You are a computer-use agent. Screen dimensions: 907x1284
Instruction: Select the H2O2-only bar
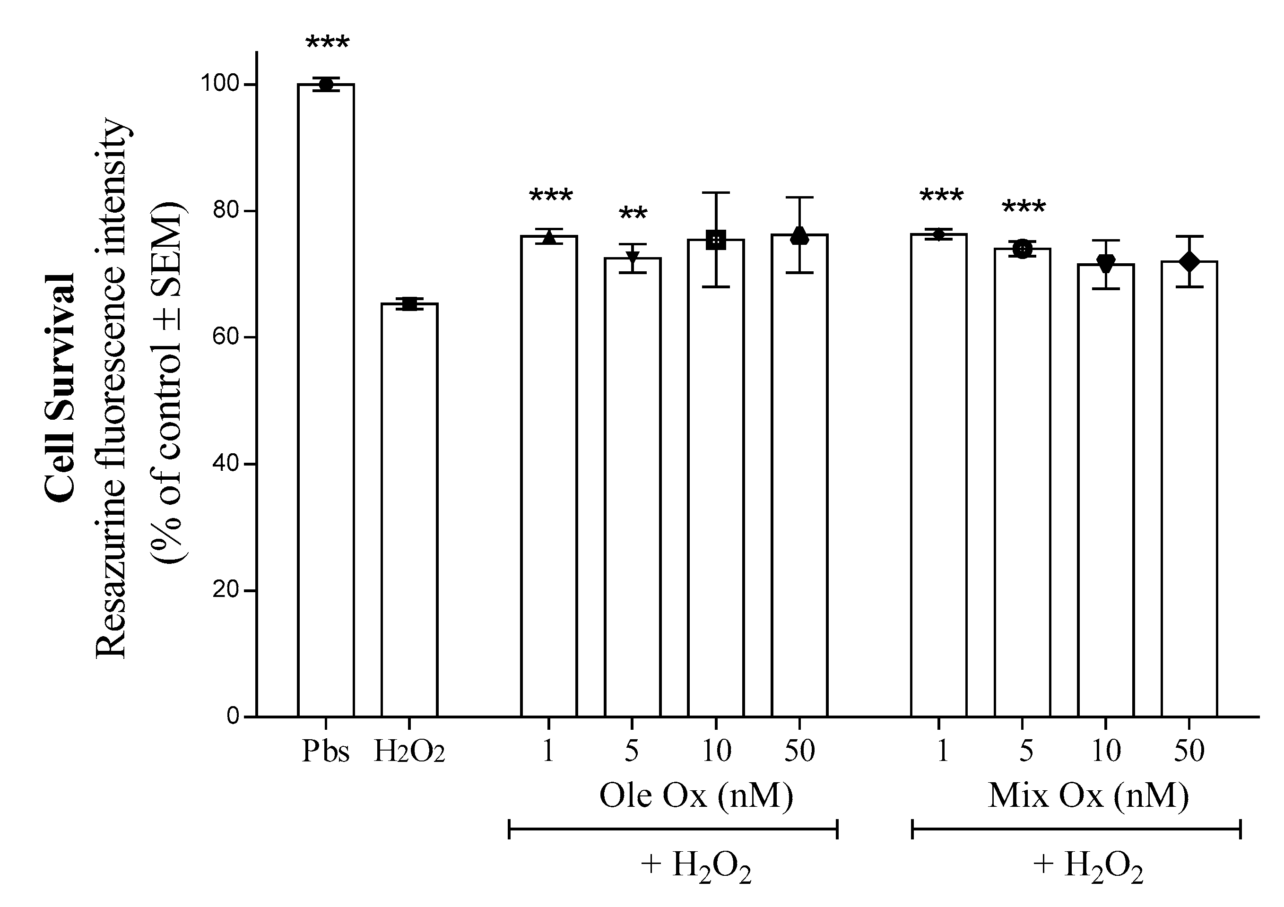click(409, 510)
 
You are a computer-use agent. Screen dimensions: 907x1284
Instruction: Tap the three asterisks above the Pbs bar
click(327, 43)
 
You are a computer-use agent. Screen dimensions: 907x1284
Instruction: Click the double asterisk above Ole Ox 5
click(633, 214)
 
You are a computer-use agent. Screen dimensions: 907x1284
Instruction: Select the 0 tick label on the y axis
click(233, 717)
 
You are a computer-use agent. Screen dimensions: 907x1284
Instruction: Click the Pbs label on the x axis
click(325, 751)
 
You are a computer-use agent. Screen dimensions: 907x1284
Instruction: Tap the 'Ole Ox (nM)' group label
click(696, 796)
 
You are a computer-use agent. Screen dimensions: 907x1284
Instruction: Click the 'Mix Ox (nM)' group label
click(1088, 796)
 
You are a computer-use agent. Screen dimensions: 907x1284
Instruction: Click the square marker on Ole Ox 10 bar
click(716, 240)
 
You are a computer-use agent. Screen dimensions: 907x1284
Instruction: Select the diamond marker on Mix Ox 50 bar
click(1189, 261)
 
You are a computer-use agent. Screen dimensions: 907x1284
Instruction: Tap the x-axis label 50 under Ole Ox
click(799, 751)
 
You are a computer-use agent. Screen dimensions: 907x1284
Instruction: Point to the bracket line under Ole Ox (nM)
click(673, 829)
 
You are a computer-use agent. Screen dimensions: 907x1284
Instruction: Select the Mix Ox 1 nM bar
click(938, 475)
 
